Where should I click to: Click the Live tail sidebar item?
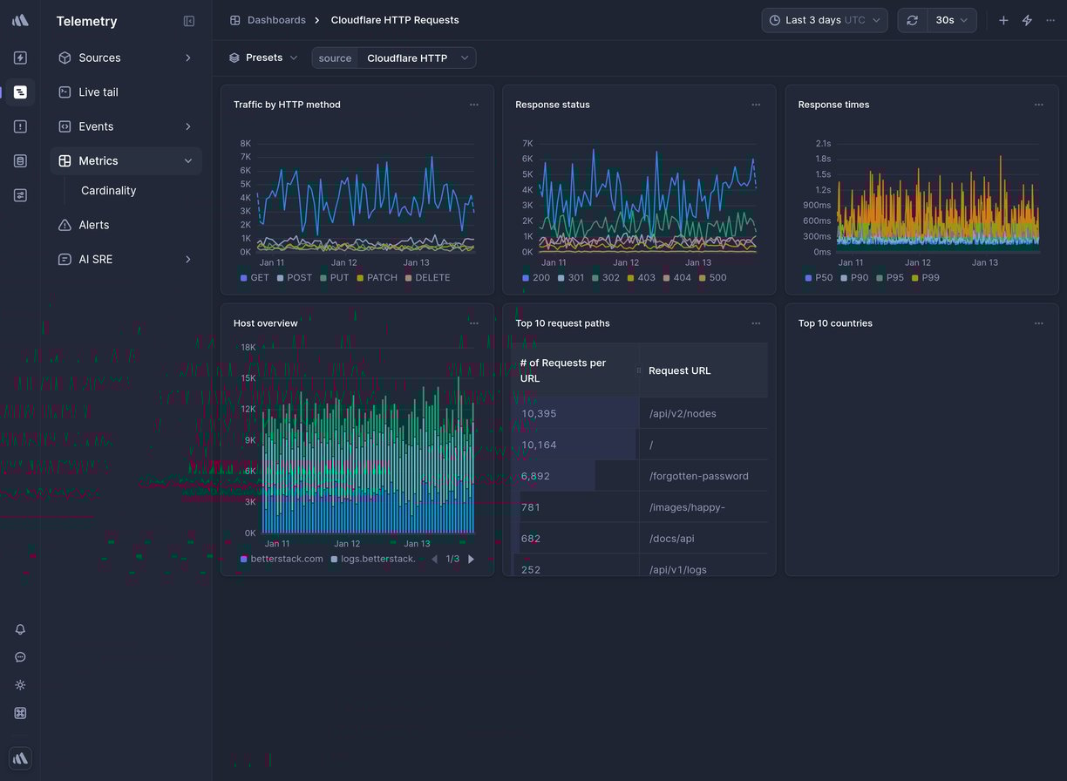[98, 92]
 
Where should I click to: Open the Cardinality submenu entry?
[108, 191]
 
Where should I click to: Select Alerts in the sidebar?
[93, 225]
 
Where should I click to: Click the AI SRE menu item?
[95, 260]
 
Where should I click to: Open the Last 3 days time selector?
[824, 20]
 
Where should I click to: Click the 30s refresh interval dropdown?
[951, 20]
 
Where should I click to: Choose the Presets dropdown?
[263, 58]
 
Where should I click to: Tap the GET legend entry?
[255, 278]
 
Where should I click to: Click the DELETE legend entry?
[427, 278]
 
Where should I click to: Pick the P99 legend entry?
[925, 278]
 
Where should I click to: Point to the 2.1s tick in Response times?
[823, 144]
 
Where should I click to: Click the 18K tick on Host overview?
[248, 348]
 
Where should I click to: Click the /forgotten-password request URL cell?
[698, 477]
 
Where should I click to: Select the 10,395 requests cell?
[539, 414]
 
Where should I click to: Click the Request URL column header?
[679, 371]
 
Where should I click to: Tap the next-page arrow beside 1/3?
[472, 560]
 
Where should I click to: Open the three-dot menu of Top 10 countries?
[1038, 323]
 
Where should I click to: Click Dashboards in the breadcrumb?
[275, 20]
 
